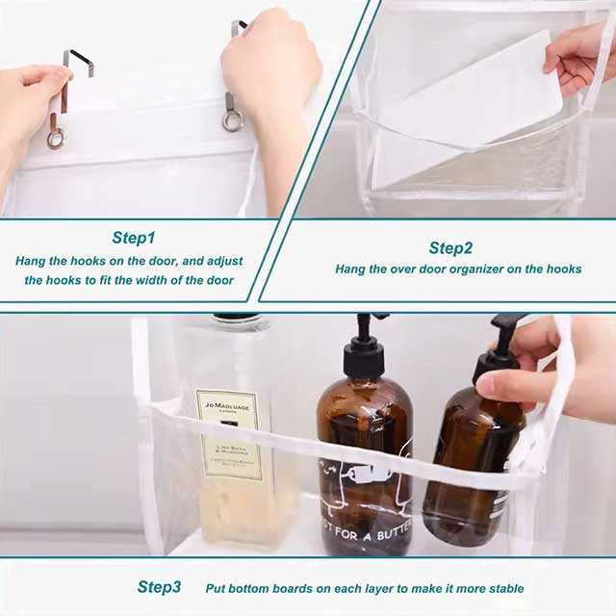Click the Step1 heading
(134, 237)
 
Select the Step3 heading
(159, 587)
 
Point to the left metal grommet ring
(56, 138)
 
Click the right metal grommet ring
(233, 119)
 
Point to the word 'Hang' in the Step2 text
(350, 269)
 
